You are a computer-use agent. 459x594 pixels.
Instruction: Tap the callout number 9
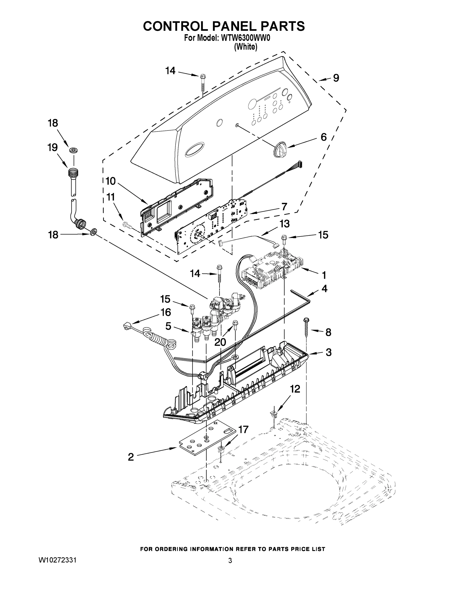point(336,78)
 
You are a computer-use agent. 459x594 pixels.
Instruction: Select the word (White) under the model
point(245,47)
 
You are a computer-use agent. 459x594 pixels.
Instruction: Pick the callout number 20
point(220,342)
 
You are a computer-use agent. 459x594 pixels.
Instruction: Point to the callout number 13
point(285,224)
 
